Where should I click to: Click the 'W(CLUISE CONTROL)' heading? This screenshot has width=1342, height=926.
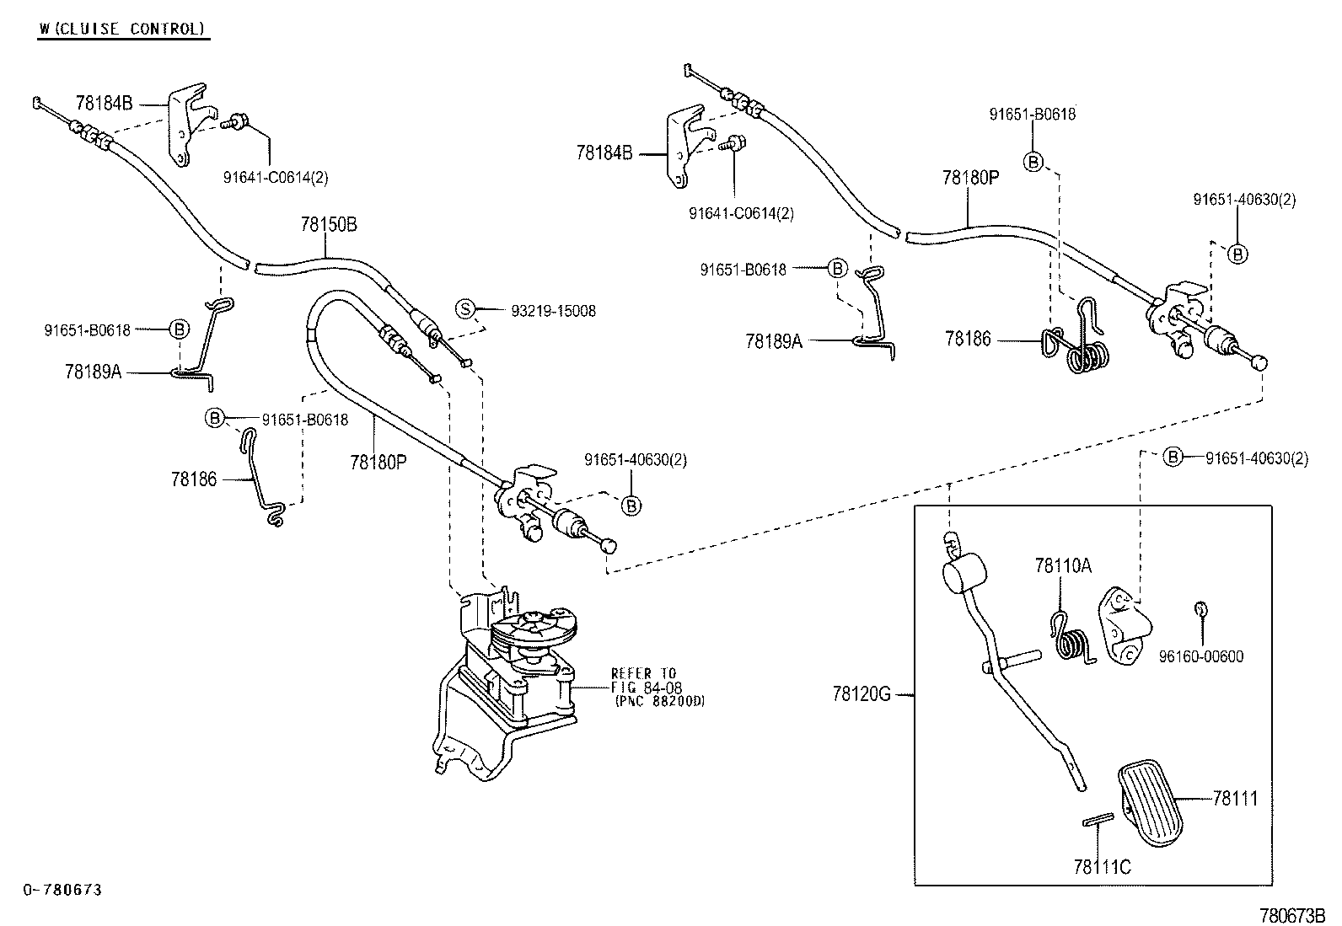(x=122, y=29)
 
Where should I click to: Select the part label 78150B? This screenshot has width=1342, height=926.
(x=328, y=224)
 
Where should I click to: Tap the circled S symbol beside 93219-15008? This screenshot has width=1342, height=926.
(x=465, y=309)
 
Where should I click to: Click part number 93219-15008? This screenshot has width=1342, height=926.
(x=553, y=311)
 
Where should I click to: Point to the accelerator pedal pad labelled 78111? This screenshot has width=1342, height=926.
(x=1151, y=803)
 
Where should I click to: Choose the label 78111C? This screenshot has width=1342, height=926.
(x=1102, y=867)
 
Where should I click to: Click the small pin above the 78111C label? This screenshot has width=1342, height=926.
(x=1098, y=819)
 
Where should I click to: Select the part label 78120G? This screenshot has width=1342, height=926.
(x=861, y=694)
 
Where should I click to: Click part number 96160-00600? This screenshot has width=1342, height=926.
(x=1200, y=656)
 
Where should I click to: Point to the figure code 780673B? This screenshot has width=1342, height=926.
(x=1291, y=915)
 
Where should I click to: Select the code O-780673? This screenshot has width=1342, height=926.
(x=63, y=890)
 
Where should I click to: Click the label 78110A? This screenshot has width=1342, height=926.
(x=1063, y=565)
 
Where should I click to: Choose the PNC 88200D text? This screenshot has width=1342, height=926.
(x=660, y=701)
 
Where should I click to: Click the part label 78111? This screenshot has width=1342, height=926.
(x=1235, y=798)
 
